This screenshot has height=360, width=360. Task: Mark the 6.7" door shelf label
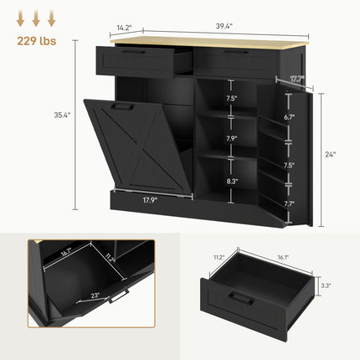coord(290,118)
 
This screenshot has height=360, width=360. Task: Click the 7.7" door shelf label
coord(290,203)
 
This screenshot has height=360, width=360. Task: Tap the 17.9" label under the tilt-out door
coord(148,200)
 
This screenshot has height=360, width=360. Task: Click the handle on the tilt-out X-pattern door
coord(123,106)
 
